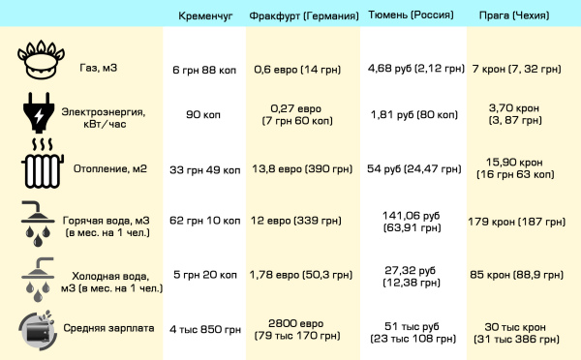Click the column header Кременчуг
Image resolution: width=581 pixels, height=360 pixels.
(205, 15)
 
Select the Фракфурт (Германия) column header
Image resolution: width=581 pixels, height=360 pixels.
(304, 15)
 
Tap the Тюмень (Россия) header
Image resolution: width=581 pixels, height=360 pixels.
(411, 15)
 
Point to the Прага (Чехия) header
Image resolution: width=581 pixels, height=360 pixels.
(514, 15)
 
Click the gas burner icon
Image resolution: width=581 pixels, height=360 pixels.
(41, 59)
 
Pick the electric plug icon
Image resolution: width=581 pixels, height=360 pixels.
(39, 112)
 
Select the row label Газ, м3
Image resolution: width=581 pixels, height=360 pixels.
(98, 68)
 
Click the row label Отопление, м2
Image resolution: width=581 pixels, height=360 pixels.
(110, 169)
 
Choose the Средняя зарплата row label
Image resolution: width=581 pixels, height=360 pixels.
(108, 328)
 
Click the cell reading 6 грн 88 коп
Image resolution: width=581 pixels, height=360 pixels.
(204, 70)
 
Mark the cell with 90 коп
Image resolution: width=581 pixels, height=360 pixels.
(203, 115)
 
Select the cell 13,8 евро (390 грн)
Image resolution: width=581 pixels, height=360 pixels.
(302, 169)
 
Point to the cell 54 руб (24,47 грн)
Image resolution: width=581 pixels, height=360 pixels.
(413, 169)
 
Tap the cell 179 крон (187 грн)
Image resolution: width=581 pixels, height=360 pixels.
(516, 222)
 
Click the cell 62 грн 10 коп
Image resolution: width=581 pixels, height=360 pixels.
(205, 221)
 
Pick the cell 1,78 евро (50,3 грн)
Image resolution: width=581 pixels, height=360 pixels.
(300, 275)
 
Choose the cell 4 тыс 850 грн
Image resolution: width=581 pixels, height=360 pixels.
(205, 329)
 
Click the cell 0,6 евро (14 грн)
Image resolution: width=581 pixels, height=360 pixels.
(297, 70)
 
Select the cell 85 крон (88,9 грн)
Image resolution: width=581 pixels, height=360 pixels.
(516, 275)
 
